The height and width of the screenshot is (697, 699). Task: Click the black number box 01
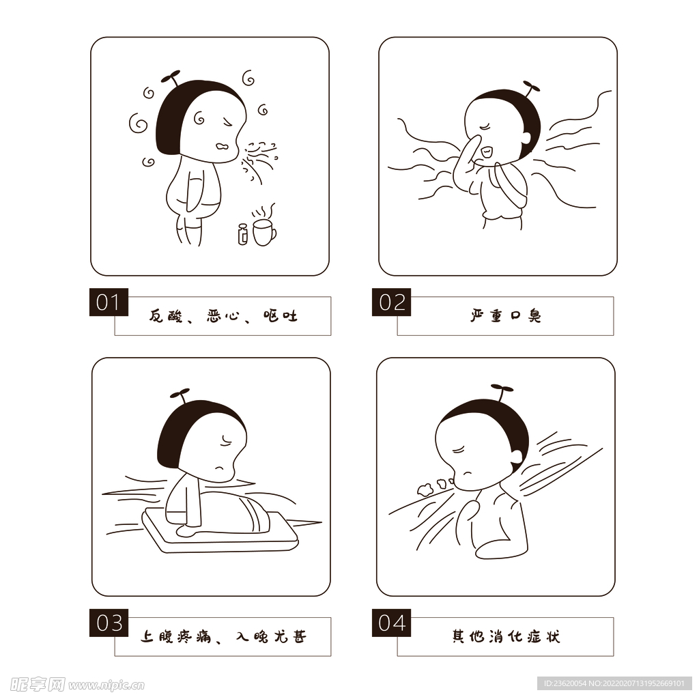click(109, 302)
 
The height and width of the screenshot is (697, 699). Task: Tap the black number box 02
click(391, 302)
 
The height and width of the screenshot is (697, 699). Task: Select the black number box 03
click(109, 623)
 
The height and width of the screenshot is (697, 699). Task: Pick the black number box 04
click(391, 623)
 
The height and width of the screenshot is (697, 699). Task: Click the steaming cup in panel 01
click(263, 231)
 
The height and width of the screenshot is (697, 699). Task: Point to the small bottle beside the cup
click(242, 234)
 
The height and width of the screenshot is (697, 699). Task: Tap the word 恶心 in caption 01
click(223, 316)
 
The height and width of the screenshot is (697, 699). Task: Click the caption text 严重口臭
click(505, 316)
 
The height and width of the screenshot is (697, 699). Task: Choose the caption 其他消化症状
click(505, 637)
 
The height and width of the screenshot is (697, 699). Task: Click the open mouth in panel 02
click(485, 150)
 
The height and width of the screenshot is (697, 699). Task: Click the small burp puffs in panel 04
click(432, 486)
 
